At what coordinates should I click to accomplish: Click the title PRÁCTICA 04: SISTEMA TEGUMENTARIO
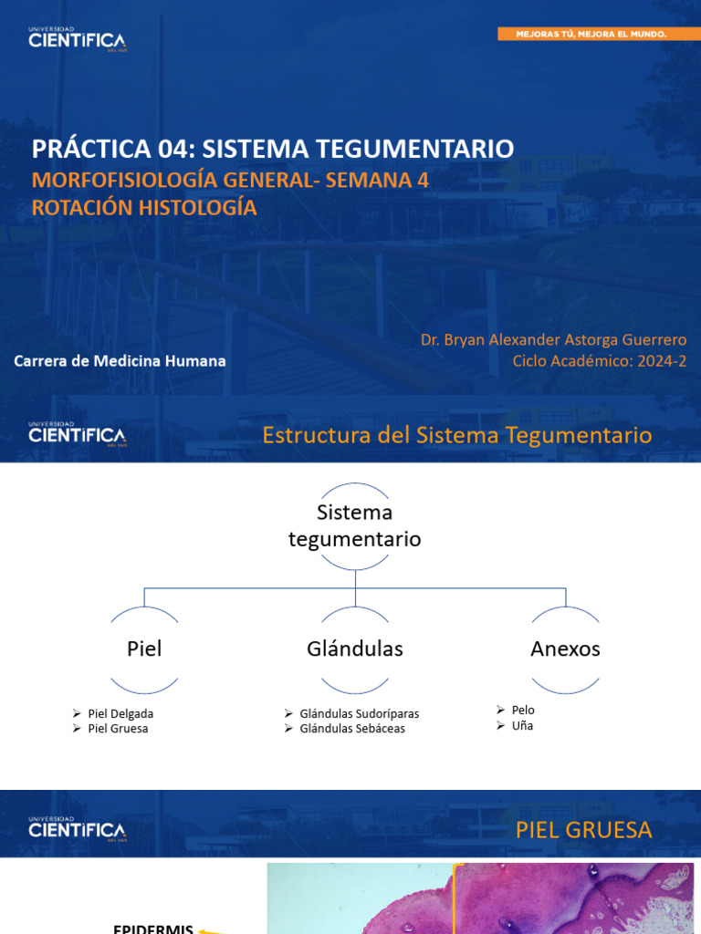pos(273,148)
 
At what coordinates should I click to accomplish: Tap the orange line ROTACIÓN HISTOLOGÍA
pos(144,208)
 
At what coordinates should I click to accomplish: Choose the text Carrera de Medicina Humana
pos(120,361)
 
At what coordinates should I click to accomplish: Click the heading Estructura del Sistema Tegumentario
pos(456,435)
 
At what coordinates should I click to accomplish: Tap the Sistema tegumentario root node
pos(354,526)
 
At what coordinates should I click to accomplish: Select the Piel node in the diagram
pos(144,649)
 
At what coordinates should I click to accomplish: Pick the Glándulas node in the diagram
pos(354,649)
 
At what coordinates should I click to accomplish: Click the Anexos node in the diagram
pos(565,649)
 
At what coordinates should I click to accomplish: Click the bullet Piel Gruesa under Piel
pos(118,729)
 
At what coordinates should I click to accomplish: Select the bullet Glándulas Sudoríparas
pos(359,713)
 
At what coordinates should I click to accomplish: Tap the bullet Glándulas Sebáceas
pos(351,729)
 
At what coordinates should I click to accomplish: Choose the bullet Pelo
pos(523,710)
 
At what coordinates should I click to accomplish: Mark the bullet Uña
pos(522,726)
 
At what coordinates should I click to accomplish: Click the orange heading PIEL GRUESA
pos(583,830)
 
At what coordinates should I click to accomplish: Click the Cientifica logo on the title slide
pos(77,39)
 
